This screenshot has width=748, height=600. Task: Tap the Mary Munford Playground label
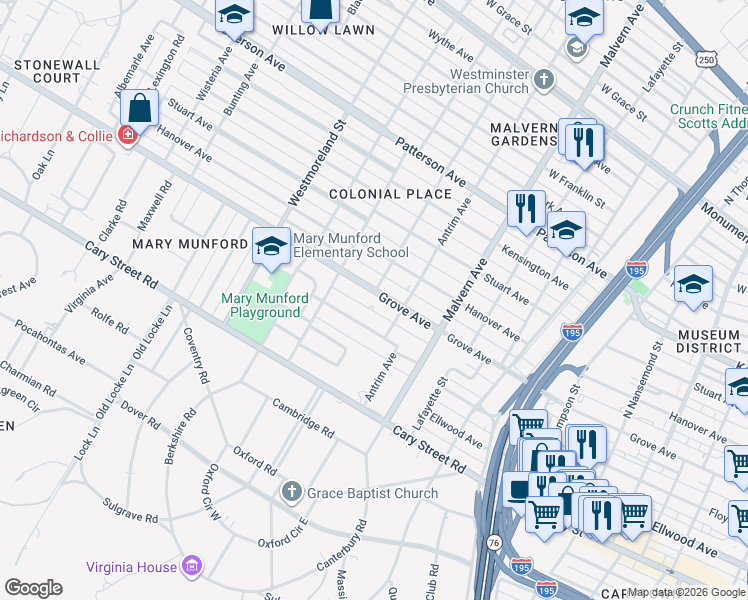coord(260,305)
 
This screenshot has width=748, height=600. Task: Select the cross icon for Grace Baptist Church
coord(291,492)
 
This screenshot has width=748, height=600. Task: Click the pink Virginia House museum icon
coord(194,567)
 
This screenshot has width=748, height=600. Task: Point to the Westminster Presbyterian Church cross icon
coord(543,79)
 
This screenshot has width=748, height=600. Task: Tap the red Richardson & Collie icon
coord(127,135)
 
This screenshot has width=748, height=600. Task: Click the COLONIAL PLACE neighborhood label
coord(390,194)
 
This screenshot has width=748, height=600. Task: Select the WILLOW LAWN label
coord(338,30)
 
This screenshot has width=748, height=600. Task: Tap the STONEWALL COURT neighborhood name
coord(57,71)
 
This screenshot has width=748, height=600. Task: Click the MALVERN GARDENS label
coord(523,134)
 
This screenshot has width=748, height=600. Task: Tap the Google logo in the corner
coord(33,588)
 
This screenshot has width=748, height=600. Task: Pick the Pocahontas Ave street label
coord(49,339)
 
